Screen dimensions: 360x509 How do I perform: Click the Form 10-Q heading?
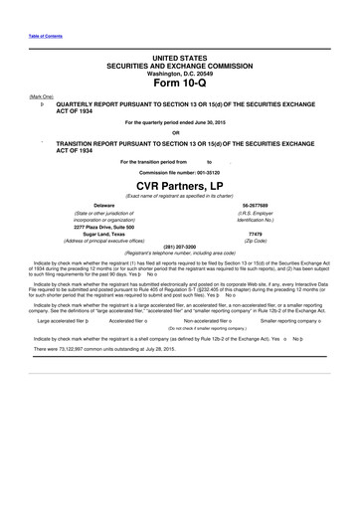[x=179, y=83]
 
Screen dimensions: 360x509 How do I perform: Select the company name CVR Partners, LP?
[x=179, y=186]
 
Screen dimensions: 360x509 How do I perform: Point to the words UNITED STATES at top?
[x=179, y=61]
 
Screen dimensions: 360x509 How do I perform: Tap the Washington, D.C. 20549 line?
[x=179, y=73]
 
